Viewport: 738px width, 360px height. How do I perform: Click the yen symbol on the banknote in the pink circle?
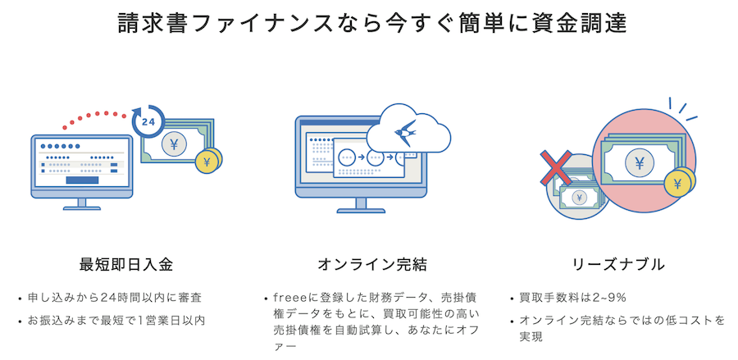(x=639, y=163)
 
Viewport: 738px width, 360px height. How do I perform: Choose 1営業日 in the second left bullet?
(x=159, y=319)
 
